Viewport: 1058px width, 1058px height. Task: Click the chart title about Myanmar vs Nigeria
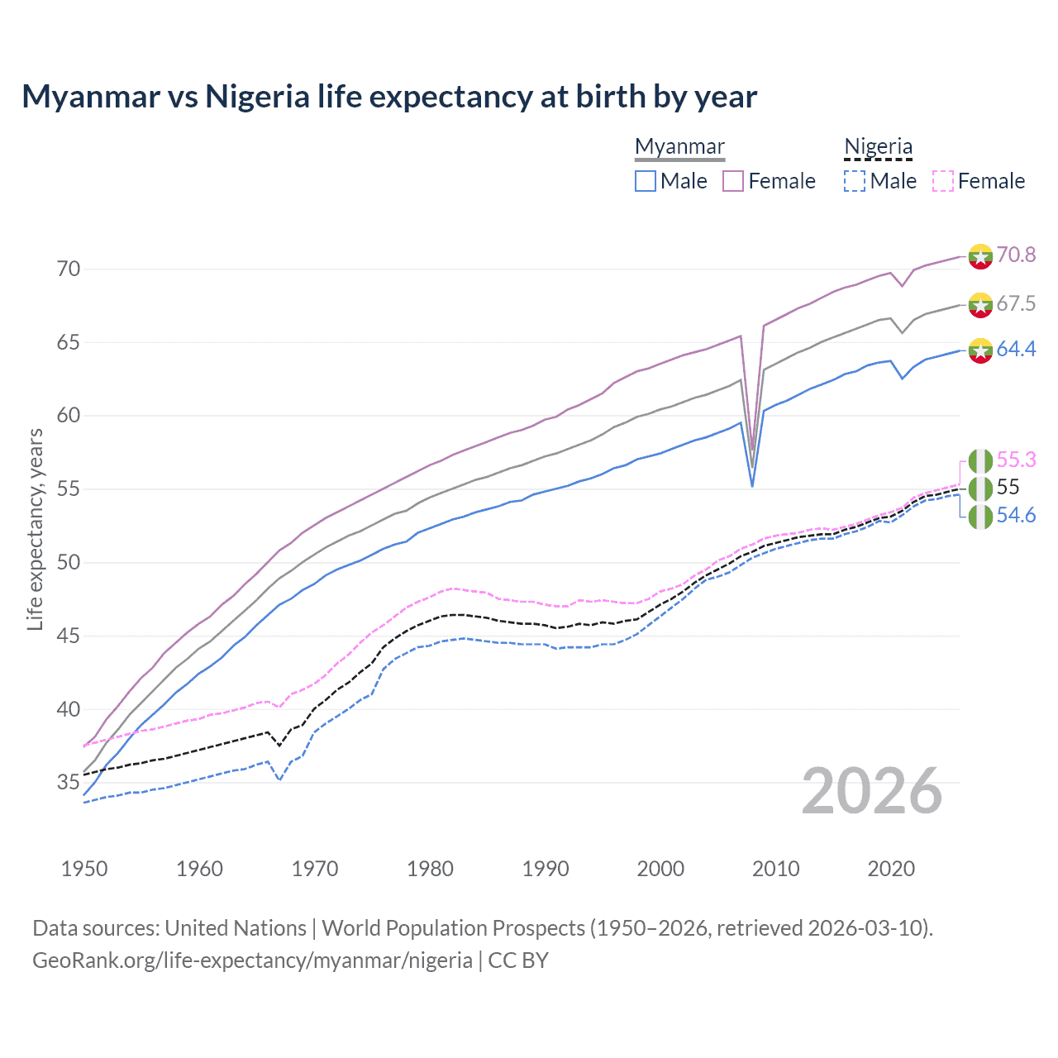click(388, 97)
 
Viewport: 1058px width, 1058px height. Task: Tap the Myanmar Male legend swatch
click(646, 181)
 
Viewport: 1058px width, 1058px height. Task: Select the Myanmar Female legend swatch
click(733, 181)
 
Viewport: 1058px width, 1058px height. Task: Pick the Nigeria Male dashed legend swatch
click(855, 181)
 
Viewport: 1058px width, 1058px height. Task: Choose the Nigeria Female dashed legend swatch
click(942, 181)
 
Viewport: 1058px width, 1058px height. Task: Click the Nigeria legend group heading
click(878, 146)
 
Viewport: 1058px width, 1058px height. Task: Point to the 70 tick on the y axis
click(69, 269)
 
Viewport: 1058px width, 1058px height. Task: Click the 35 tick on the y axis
click(69, 782)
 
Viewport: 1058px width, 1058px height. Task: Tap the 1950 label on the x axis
click(84, 869)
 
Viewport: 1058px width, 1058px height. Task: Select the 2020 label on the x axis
click(890, 869)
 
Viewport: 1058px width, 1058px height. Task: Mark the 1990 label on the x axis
click(545, 869)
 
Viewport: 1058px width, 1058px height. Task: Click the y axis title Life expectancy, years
click(36, 529)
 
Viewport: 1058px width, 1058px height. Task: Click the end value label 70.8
click(1016, 255)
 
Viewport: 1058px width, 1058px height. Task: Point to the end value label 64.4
click(1016, 349)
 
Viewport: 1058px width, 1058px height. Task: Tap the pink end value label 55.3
click(1016, 460)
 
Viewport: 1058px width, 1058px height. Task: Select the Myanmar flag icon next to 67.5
click(980, 304)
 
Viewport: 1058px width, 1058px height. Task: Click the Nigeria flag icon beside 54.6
click(980, 517)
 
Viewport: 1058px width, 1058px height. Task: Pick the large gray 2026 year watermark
click(872, 791)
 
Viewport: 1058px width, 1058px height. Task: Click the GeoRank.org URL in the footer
click(252, 960)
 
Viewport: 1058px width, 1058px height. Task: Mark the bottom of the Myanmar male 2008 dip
click(752, 485)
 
